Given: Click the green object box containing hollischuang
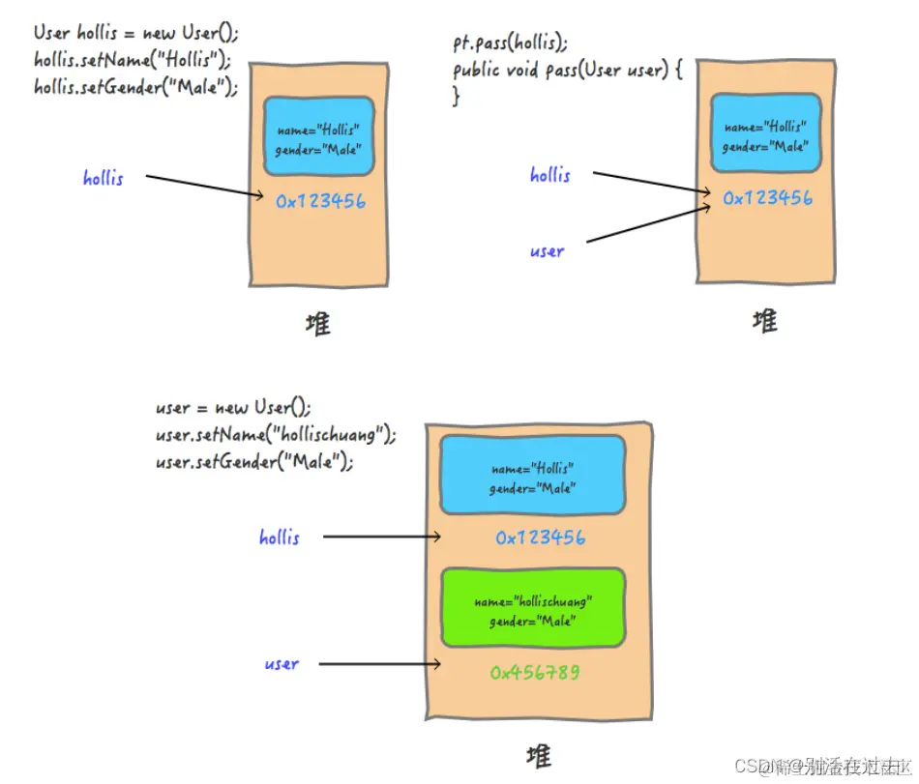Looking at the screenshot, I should pos(533,608).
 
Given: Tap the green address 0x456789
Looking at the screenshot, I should pos(535,672).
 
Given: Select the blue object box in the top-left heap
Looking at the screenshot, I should pos(318,136).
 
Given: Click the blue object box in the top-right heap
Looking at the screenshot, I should pos(765,133).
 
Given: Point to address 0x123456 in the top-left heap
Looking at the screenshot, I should pos(320,202).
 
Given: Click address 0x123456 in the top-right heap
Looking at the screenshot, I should pos(767,198).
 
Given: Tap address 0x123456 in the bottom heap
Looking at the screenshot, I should pos(540,537).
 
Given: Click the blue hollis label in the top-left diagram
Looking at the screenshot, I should pos(104,178).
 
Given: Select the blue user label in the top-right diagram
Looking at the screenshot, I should pos(547,251).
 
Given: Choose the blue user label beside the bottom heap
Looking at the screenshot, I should pos(282,664).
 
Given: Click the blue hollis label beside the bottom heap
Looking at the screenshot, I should pos(280,537).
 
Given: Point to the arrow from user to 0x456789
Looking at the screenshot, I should pos(379,663).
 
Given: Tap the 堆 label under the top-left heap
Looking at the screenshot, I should pos(317,324).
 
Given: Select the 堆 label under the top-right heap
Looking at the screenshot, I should pos(764,321).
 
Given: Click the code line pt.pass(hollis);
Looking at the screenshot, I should pos(510,44).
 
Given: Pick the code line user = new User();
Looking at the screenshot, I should pos(234,407).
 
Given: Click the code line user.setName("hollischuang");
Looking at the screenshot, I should pos(276,434).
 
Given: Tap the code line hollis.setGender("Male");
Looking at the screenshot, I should pos(135,86).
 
